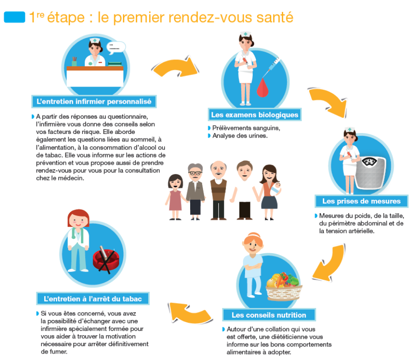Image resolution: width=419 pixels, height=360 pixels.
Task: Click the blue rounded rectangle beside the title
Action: coord(14,17)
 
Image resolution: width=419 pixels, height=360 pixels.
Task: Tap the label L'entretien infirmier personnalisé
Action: coord(94,102)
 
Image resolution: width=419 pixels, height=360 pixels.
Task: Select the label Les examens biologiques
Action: coord(254,115)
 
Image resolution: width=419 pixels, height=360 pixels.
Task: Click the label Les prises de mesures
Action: coord(361,201)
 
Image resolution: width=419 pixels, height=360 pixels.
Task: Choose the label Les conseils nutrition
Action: coord(269,315)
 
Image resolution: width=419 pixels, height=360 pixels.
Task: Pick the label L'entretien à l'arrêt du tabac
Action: coord(93,298)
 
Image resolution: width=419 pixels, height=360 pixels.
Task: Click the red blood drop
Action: coord(262,87)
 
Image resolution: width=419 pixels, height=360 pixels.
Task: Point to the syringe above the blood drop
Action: coord(271,67)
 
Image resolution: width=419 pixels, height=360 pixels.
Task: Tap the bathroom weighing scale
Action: coord(370,172)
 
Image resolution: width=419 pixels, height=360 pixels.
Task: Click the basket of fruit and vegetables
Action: coord(284,286)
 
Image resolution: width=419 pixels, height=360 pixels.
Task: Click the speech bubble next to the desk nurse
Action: coord(116,47)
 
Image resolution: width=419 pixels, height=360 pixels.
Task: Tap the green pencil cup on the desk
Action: coord(74,62)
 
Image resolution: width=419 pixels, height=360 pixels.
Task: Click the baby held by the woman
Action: coord(275,189)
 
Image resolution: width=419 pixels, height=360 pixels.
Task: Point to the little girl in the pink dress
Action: coord(175,197)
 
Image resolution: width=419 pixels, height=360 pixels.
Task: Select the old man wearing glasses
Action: coord(195,192)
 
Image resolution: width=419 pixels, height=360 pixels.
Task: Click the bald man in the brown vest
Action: coord(218,190)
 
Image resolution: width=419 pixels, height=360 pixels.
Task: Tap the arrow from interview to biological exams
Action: coord(176,67)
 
